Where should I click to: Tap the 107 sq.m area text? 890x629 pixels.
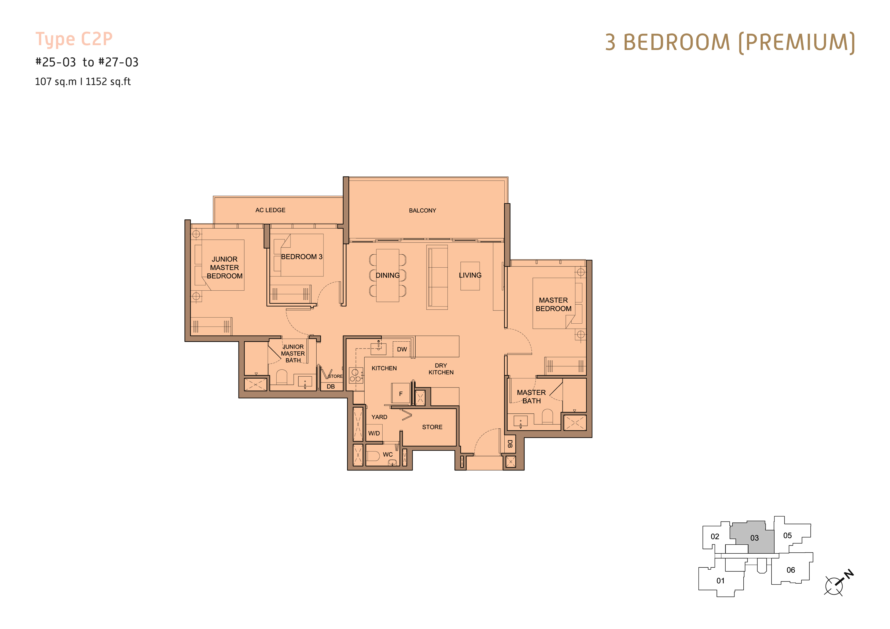pos(56,82)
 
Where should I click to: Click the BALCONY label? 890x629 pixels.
pos(422,211)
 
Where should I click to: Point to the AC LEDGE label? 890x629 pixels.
pos(270,210)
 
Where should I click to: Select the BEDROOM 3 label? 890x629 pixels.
pos(302,257)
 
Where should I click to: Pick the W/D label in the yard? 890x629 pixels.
pos(374,433)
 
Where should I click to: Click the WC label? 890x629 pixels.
pos(388,455)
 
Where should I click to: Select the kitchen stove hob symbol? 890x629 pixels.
pos(356,375)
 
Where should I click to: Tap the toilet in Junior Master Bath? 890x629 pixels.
pos(282,377)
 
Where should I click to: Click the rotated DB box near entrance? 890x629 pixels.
pos(510,444)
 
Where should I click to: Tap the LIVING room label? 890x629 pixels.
pos(470,275)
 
